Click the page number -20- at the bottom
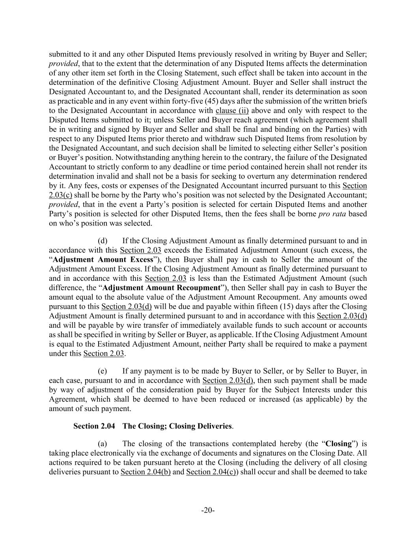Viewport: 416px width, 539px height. [x=208, y=510]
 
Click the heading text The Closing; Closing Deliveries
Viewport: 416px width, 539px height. [x=177, y=426]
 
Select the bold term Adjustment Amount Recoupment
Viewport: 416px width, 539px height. [x=161, y=287]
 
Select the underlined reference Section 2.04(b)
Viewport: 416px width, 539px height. [x=146, y=472]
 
